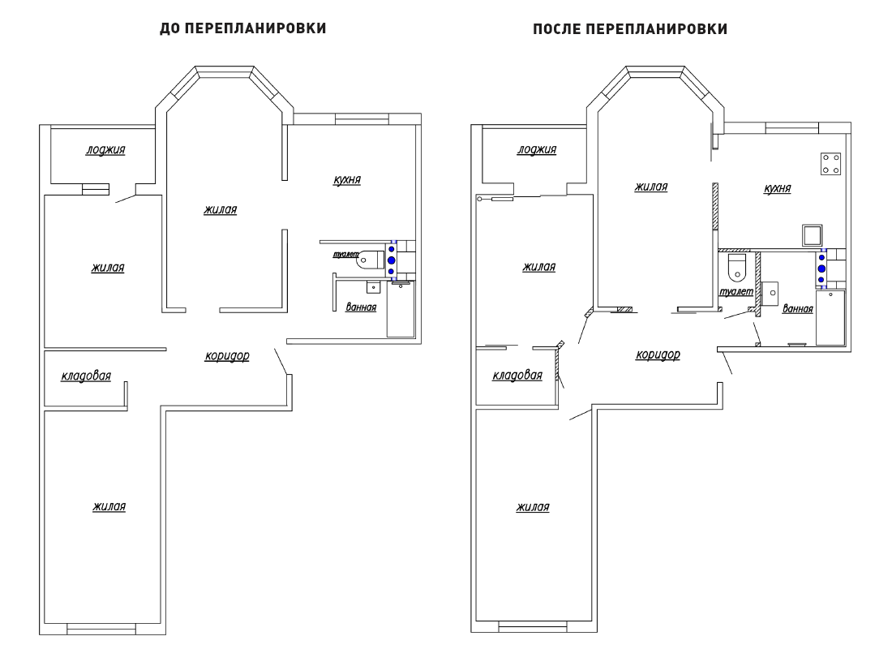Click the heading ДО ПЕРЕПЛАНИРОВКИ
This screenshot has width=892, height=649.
coord(243,28)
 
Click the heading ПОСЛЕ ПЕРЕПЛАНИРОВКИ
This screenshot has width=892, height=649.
coord(630,29)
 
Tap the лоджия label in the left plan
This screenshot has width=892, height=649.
coord(105,150)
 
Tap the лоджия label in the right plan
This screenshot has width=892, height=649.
coord(537,150)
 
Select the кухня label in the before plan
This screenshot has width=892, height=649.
coord(347,180)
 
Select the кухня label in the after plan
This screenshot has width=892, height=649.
coord(777,188)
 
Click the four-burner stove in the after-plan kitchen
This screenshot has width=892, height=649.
coord(830,163)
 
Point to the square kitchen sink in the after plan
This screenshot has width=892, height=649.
coord(812,235)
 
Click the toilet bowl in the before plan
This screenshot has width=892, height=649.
coord(370,260)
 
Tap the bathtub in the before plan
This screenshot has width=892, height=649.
coord(401,309)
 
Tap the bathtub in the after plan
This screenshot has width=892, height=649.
coord(830,318)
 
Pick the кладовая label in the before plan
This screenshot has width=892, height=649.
coord(86,376)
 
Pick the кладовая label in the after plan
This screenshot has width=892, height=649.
coord(517,375)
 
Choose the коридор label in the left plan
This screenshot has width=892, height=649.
coord(227,356)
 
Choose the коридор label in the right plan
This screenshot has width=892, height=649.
coord(658,355)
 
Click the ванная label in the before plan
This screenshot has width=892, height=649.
coord(361,307)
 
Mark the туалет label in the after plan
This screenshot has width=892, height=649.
coord(736,291)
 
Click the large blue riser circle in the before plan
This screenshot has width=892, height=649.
coord(392,260)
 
